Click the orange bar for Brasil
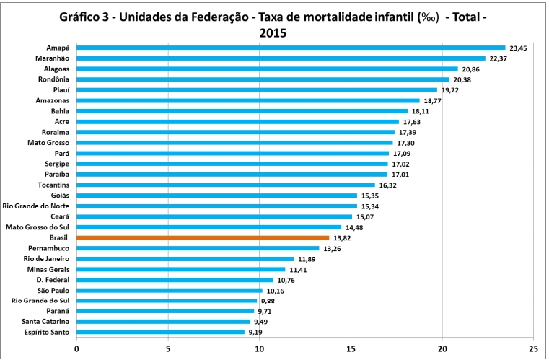coord(202,237)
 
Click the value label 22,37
coord(499,58)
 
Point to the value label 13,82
coord(343,237)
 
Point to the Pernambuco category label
coord(48,248)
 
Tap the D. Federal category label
coord(53,279)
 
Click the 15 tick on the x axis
coord(351,347)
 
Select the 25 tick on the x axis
coord(533,347)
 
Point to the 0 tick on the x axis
coord(76,347)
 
